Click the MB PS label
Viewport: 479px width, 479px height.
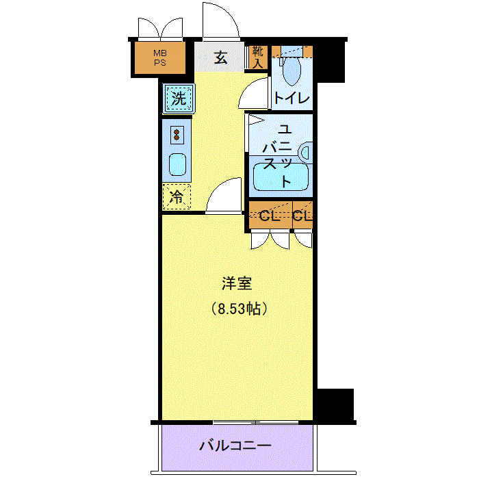[x=159, y=58]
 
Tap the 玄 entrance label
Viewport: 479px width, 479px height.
[x=220, y=57]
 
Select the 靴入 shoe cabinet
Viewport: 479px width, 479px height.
[x=257, y=57]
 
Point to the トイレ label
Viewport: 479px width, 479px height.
[x=292, y=99]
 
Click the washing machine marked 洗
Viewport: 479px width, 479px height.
[x=179, y=99]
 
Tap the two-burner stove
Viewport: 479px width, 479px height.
[x=177, y=135]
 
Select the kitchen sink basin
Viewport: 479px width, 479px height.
[x=177, y=164]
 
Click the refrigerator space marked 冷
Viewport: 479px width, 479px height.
[x=177, y=197]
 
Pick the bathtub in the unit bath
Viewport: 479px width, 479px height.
[x=281, y=177]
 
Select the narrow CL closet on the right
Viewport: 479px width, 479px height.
[x=302, y=215]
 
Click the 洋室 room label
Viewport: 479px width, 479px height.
[x=237, y=283]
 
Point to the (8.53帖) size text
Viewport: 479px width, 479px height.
[x=239, y=309]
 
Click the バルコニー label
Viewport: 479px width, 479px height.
[x=235, y=446]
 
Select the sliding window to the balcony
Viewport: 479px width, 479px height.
[x=256, y=422]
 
